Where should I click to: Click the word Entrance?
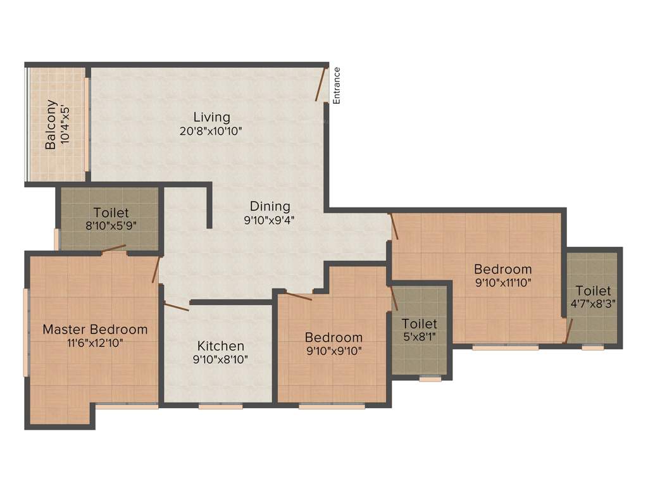337,85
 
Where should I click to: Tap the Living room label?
211,117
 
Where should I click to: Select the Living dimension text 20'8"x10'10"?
211,131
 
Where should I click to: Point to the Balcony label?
51,125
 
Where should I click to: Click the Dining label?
270,206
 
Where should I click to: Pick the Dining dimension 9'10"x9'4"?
270,220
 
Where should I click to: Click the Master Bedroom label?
95,329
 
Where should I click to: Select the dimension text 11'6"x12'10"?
95,343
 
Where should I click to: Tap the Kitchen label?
220,346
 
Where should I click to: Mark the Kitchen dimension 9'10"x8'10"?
220,359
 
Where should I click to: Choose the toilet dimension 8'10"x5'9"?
111,226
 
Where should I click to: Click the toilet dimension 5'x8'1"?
419,337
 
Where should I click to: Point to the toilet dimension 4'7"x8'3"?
593,304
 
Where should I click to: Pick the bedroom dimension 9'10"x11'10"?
503,283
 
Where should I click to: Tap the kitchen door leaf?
177,307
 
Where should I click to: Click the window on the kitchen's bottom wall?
220,406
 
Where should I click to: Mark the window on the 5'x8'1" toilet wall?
430,378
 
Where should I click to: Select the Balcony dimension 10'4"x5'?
64,126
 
